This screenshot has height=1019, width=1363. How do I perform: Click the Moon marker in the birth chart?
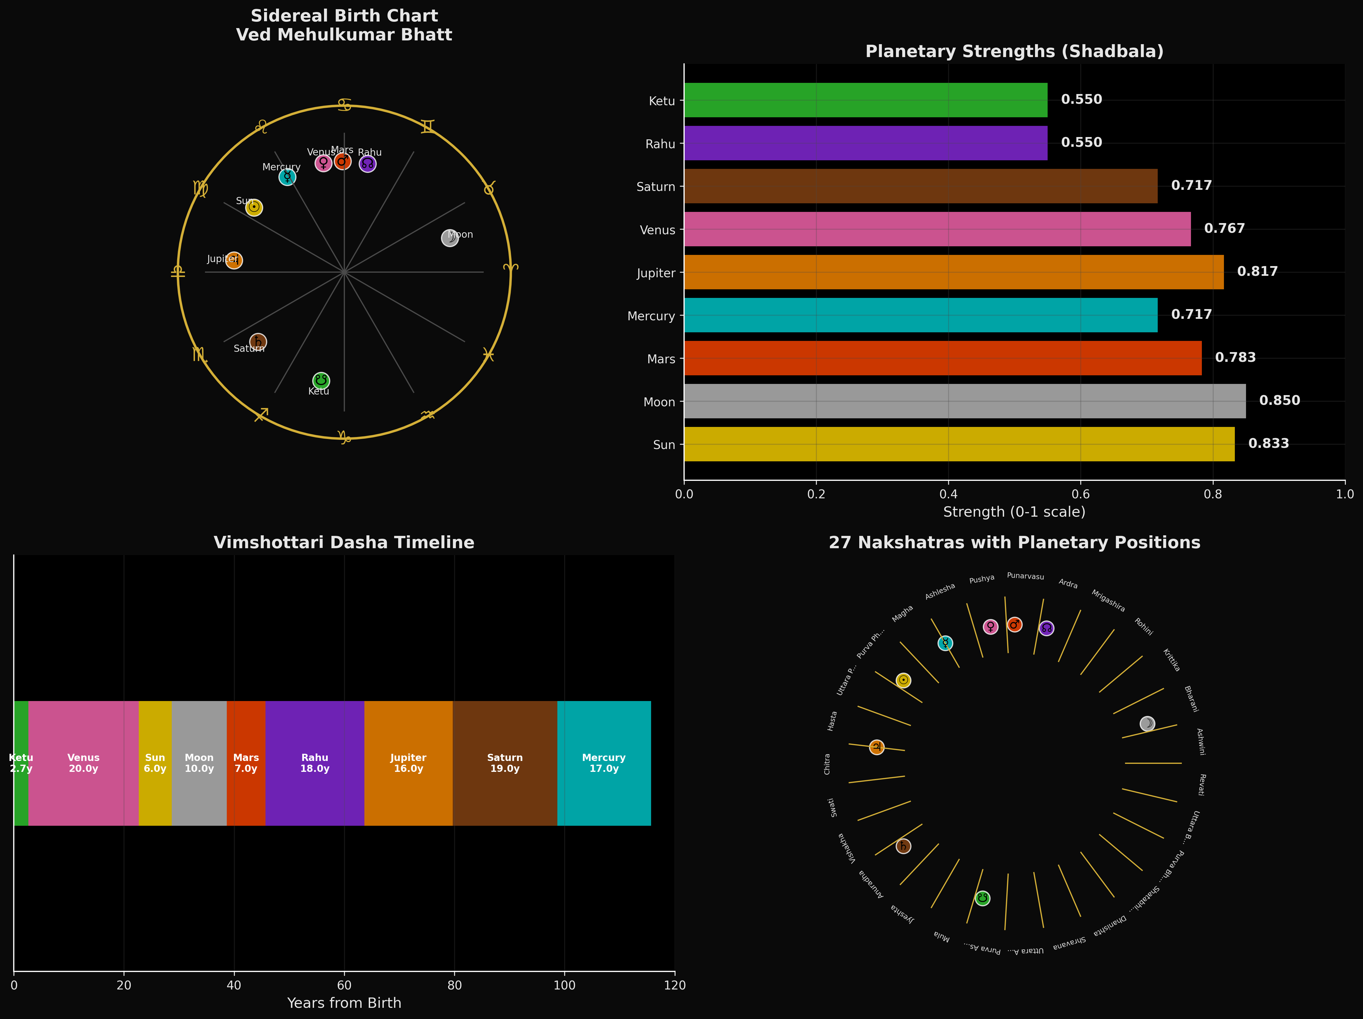[450, 238]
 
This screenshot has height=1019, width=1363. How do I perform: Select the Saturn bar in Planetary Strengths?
[921, 186]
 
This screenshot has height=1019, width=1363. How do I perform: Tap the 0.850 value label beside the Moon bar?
[1279, 401]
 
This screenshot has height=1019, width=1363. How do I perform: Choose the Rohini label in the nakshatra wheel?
[1144, 626]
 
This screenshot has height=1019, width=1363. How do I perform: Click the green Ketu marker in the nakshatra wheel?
[983, 898]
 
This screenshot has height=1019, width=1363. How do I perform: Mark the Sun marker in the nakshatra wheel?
[903, 680]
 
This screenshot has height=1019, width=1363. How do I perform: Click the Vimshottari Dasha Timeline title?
[344, 543]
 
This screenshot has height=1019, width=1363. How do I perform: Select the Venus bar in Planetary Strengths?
[937, 229]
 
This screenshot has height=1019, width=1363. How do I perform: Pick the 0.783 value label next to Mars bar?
[1235, 357]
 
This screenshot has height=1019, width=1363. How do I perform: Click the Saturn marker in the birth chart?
[258, 342]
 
